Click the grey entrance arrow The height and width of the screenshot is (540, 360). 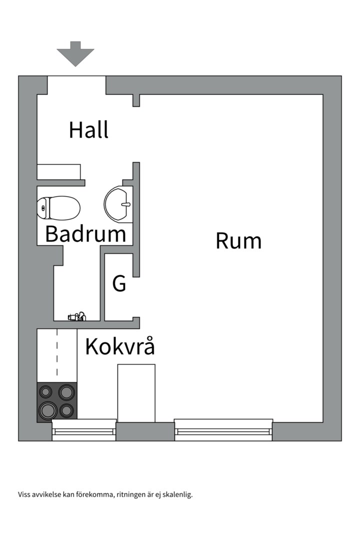75,53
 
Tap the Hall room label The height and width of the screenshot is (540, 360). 89,130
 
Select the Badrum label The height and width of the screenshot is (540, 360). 86,234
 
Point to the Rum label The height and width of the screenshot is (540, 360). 238,240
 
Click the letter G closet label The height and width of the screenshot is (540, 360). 119,283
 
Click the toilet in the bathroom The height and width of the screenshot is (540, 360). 58,207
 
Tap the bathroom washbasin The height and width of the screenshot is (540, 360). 118,204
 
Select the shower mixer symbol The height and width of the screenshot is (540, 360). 77,316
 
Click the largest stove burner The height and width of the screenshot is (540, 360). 48,410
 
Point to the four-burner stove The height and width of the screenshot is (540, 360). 57,402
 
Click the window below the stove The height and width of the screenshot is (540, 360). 84,430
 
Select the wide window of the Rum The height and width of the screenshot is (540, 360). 223,430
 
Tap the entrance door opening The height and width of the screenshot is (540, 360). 76,84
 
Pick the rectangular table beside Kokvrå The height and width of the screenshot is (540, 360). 136,393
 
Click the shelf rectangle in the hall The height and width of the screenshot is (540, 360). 59,172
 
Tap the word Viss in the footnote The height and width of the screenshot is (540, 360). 24,494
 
